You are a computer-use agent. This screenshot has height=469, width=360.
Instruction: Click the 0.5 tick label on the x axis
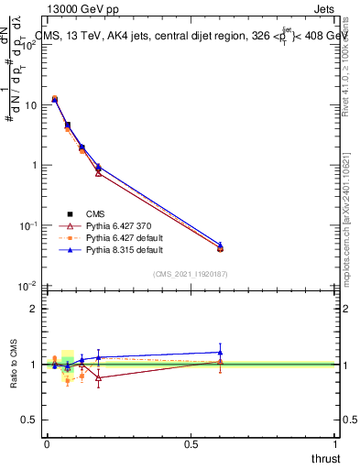pyautogui.click(x=191, y=443)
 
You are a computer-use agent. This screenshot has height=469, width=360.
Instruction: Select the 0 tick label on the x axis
pyautogui.click(x=47, y=443)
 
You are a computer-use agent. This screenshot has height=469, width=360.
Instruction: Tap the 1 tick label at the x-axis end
pyautogui.click(x=336, y=443)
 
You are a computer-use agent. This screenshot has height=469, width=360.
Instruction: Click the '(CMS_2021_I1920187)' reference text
pyautogui.click(x=191, y=274)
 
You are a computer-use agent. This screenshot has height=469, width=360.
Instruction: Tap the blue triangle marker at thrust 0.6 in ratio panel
pyautogui.click(x=220, y=352)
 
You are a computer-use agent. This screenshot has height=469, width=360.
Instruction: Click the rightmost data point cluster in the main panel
pyautogui.click(x=220, y=247)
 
